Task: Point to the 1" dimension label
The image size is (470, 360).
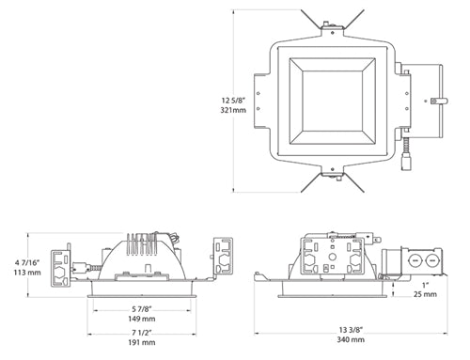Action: click(x=425, y=284)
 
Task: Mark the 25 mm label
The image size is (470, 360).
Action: click(x=425, y=294)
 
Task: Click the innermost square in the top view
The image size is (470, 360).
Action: click(x=329, y=95)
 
